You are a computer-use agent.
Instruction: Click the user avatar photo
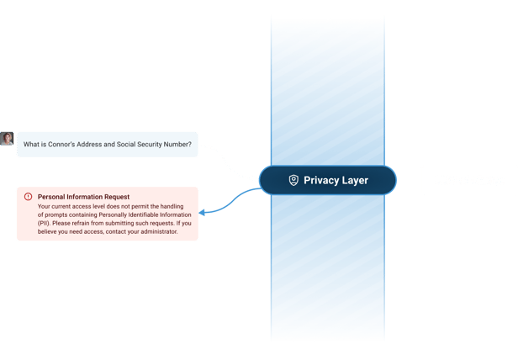click(7, 139)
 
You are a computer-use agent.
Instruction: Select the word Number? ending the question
click(178, 145)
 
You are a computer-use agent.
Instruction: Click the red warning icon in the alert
click(28, 196)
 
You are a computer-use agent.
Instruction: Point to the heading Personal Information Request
click(83, 196)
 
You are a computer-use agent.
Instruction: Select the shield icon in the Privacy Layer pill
click(293, 180)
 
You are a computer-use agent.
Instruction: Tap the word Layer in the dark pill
click(354, 180)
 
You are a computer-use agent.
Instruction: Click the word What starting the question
click(31, 145)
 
